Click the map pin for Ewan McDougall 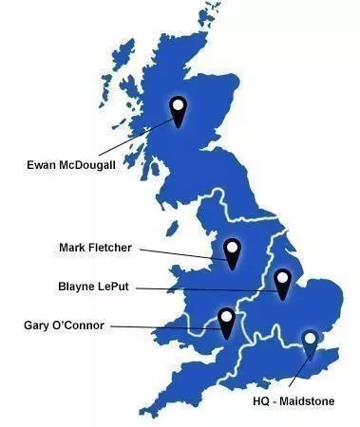178,108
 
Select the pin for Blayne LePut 282,282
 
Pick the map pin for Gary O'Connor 226,321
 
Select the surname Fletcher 114,249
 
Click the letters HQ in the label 263,401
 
